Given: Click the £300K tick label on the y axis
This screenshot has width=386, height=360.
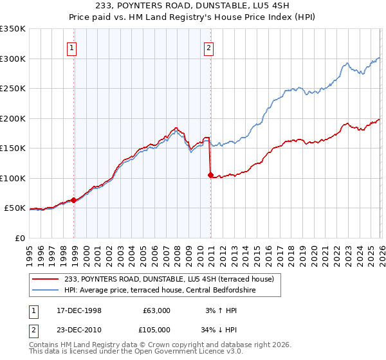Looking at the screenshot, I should click(13, 59).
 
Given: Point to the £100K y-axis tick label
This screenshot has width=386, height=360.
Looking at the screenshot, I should click(13, 178).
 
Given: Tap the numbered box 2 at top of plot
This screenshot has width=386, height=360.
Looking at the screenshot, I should click(209, 47).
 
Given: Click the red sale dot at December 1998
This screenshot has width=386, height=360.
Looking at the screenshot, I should click(74, 200).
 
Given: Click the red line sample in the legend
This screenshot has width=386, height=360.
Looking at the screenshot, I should click(46, 279).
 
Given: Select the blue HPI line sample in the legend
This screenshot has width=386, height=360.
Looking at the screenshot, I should click(46, 289).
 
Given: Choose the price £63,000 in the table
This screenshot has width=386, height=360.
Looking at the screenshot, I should click(156, 310).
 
